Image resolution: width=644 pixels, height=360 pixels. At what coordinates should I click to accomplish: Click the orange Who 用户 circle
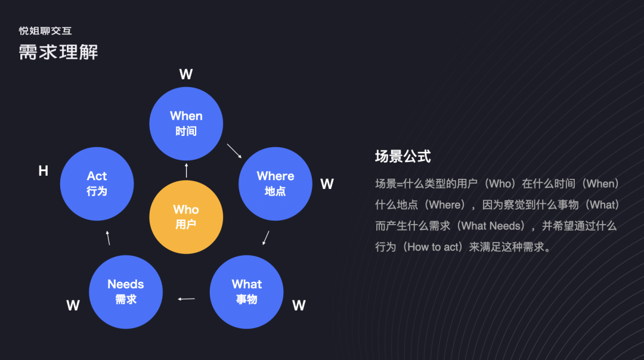coord(186,217)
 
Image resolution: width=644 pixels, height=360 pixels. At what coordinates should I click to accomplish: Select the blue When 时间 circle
coord(186,123)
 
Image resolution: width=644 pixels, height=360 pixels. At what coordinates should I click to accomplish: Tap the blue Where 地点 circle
coord(275,184)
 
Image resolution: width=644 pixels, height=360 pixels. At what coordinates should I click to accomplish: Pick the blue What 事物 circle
coord(247,292)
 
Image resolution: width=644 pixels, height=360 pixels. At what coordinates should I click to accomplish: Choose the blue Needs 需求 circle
coord(126,292)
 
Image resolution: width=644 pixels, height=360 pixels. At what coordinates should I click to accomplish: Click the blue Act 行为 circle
coord(97,184)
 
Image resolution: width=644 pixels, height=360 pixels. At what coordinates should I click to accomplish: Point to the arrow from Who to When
coord(187,170)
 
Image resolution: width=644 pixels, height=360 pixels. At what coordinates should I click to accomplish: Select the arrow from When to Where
coord(234,151)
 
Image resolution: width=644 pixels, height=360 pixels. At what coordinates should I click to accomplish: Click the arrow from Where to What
coord(266,238)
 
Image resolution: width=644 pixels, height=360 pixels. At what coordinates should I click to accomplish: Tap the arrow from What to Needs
coord(187,299)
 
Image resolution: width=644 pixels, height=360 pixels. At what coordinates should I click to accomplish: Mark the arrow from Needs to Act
coord(108,238)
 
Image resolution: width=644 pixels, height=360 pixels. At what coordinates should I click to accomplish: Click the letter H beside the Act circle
coord(43,172)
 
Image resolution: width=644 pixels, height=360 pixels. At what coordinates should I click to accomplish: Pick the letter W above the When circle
coord(186,75)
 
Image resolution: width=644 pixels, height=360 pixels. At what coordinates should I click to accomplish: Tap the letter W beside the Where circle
coord(327,184)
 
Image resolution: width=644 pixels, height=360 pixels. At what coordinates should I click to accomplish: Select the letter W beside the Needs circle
coord(73,306)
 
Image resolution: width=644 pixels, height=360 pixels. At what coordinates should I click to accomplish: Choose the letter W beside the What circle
coord(299,306)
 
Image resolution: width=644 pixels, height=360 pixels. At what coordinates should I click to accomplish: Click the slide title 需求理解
coord(58,52)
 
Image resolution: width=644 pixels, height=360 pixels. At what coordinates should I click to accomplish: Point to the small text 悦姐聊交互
coord(45,31)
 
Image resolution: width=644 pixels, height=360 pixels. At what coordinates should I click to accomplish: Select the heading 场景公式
coord(402,157)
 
